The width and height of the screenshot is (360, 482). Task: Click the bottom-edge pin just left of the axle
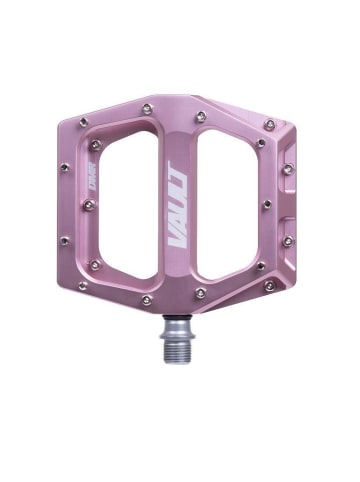146,298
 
